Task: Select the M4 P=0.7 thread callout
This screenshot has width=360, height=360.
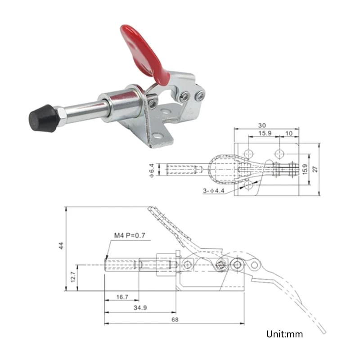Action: [x=130, y=235]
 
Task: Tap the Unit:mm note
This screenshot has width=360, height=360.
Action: [x=284, y=334]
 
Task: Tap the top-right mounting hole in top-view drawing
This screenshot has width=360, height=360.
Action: [x=279, y=152]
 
